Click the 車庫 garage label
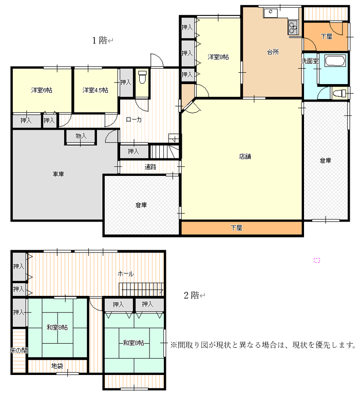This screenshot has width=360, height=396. pos(58,174)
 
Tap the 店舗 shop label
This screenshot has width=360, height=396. pos(245,156)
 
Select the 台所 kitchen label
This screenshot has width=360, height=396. pos(273,52)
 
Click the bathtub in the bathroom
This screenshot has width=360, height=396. pos(335,61)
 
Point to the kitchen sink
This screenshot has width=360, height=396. pos(271,13)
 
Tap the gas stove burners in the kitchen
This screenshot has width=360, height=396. pos(293,28)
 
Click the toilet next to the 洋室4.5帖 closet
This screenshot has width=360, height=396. pos(142,77)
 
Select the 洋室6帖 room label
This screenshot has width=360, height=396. pos(42,90)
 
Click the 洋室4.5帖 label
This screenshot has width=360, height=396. pos(96,90)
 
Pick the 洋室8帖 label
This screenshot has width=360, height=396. pos(218,57)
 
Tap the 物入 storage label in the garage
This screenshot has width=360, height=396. pos(81,136)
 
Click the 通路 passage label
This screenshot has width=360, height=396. pos(150,167)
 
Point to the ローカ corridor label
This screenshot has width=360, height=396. pos(134,120)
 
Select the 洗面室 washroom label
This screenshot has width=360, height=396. pos(310,61)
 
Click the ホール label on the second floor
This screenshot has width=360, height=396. pos(126,274)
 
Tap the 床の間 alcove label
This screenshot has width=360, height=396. pos(18,350)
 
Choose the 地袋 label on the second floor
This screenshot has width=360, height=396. pos(57,366)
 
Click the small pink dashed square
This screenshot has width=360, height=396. pos(317,260)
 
